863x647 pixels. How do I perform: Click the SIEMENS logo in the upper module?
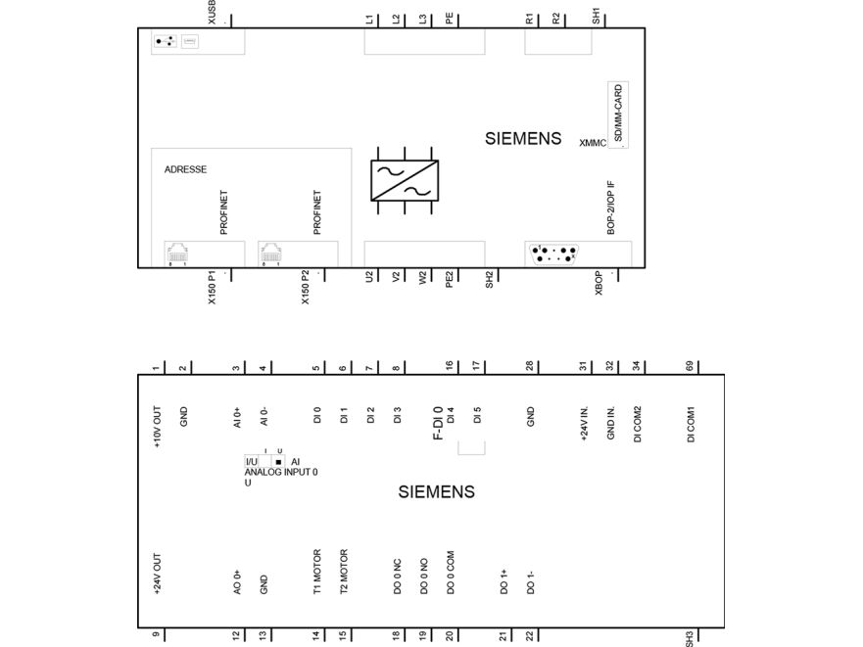pos(523,139)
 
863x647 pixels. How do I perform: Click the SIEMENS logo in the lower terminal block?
pos(437,491)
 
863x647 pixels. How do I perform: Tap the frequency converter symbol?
pos(405,180)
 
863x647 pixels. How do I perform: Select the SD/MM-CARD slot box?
pos(618,115)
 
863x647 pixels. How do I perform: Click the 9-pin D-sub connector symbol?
pos(553,254)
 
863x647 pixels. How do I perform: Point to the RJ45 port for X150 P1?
pos(177,254)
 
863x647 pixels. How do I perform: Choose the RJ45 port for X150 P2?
pos(270,254)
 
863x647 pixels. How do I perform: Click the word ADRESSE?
pos(185,169)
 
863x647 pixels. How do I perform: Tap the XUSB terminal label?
pos(212,12)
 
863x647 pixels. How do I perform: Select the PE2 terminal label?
pos(449,280)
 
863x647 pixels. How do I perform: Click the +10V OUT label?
pos(157,427)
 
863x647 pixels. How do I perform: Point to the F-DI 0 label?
pos(438,424)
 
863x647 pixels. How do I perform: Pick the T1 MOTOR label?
pos(317,572)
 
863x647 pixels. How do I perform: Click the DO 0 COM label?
pos(451,573)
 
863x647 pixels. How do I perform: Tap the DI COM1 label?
pos(691,424)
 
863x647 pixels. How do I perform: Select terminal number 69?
pos(690,366)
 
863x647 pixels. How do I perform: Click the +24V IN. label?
pos(584,424)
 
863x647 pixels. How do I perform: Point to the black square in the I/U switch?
pos(278,462)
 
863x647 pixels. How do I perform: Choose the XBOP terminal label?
pos(599,283)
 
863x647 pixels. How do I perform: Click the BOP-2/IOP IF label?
pos(611,208)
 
